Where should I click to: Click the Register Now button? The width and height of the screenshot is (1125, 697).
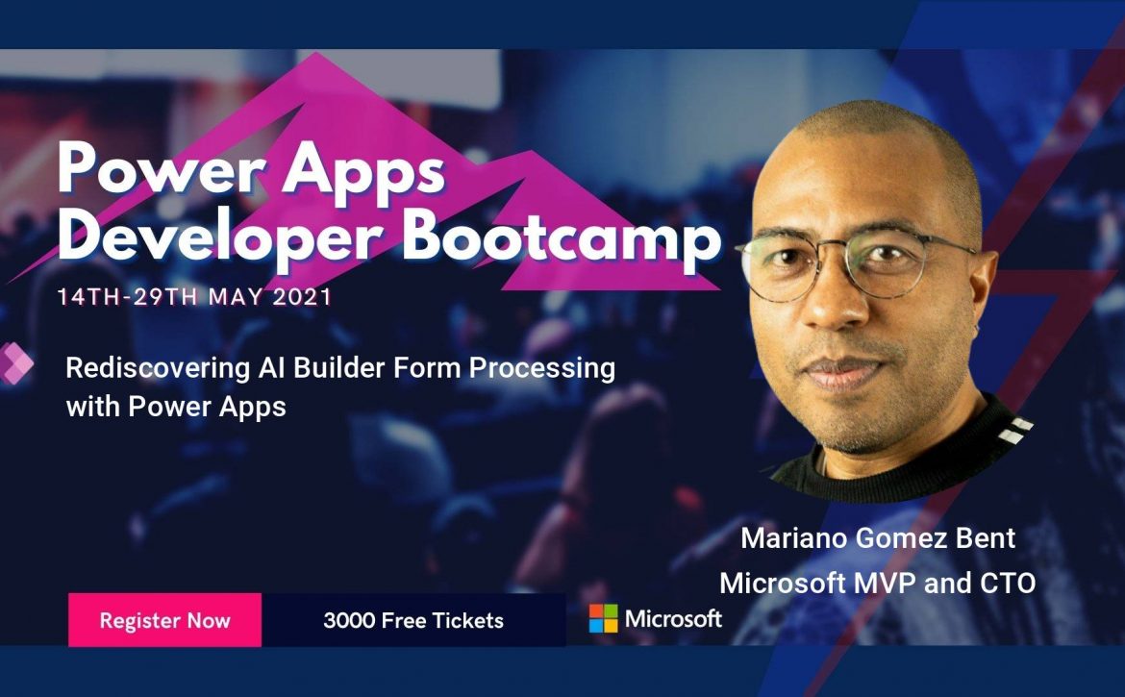(x=165, y=620)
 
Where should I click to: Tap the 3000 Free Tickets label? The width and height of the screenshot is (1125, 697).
(x=413, y=620)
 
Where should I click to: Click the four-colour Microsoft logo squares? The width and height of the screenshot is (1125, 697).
(x=604, y=618)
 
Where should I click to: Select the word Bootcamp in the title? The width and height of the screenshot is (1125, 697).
(x=562, y=237)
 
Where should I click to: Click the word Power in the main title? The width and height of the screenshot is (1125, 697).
(x=163, y=168)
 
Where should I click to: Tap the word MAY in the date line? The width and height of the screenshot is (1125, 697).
(x=235, y=297)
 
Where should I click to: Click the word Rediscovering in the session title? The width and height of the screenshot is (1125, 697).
(x=158, y=368)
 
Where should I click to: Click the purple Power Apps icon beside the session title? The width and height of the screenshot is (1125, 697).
(x=15, y=363)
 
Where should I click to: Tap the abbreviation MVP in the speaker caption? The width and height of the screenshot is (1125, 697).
(x=885, y=583)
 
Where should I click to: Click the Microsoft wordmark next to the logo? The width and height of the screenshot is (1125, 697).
(x=673, y=618)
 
